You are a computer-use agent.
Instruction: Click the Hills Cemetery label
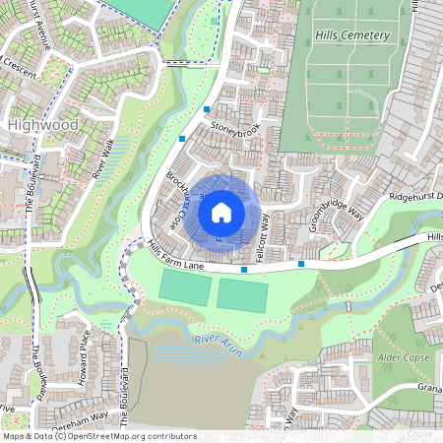(352, 35)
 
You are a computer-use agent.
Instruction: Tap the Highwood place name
(41, 125)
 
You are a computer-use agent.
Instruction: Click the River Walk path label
(102, 159)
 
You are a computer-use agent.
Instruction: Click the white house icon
(221, 212)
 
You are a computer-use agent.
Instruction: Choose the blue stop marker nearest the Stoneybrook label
(207, 109)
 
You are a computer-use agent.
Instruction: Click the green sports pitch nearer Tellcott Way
(240, 294)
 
